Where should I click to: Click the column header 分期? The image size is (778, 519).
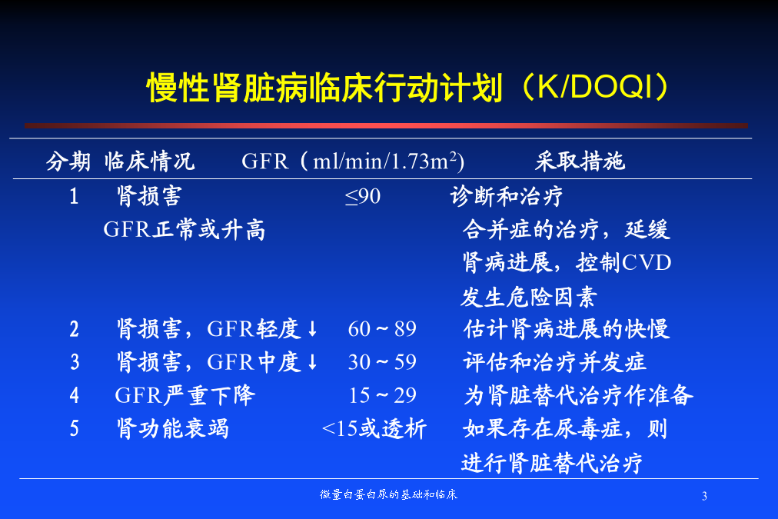pyautogui.click(x=68, y=161)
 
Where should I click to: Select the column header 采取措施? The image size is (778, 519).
pyautogui.click(x=580, y=161)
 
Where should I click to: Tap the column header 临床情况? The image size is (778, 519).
pyautogui.click(x=149, y=161)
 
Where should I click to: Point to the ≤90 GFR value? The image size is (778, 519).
pyautogui.click(x=363, y=197)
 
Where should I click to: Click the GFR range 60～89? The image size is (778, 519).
pyautogui.click(x=382, y=329)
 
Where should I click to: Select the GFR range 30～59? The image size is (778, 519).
pyautogui.click(x=382, y=362)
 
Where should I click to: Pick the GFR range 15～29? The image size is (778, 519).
pyautogui.click(x=382, y=395)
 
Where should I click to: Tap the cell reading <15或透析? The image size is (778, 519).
pyautogui.click(x=374, y=429)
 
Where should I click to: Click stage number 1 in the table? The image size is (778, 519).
pyautogui.click(x=74, y=197)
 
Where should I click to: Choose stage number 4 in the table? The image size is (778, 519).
pyautogui.click(x=74, y=395)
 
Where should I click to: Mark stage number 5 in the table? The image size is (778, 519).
pyautogui.click(x=74, y=429)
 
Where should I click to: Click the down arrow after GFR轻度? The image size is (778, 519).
pyautogui.click(x=312, y=328)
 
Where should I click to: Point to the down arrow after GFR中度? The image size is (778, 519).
pyautogui.click(x=312, y=361)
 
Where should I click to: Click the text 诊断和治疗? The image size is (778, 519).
pyautogui.click(x=507, y=196)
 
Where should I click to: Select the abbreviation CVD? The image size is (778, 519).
pyautogui.click(x=647, y=263)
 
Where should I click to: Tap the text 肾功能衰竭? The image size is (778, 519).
pyautogui.click(x=173, y=429)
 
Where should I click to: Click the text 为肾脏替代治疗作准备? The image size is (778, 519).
pyautogui.click(x=578, y=395)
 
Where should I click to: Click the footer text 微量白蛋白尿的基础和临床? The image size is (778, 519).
pyautogui.click(x=388, y=494)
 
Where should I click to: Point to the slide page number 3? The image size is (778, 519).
pyautogui.click(x=704, y=496)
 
